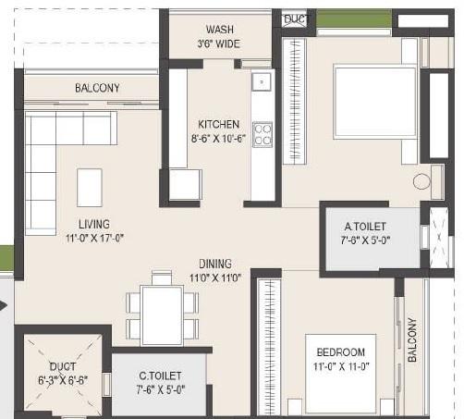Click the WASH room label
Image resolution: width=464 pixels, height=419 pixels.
[219, 30]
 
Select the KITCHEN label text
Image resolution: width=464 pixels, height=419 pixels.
[219, 124]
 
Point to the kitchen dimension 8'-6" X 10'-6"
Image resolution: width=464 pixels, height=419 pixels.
[219, 140]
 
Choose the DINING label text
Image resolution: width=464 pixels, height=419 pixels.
[214, 264]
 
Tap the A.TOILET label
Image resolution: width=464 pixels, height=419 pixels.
[365, 227]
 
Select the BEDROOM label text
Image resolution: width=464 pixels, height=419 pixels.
[340, 351]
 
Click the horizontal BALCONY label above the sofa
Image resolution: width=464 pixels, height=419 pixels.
[97, 89]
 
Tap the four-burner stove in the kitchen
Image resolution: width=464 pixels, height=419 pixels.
[263, 135]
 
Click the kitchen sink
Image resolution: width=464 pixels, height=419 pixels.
[262, 80]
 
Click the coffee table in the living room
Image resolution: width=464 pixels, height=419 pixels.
[90, 187]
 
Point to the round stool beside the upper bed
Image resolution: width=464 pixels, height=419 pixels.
[421, 182]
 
